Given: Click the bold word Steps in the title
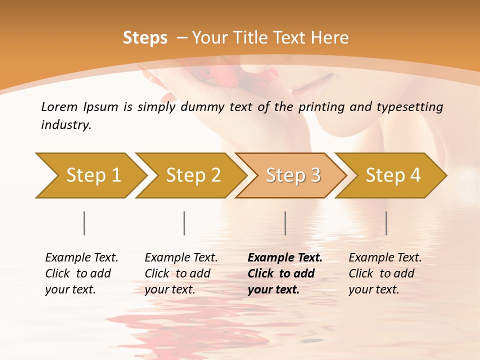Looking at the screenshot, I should coord(145,38).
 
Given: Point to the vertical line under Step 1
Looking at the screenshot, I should coord(84,223).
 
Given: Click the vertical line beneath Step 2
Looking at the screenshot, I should coord(184,223).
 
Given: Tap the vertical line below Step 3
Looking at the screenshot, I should coord(285,223).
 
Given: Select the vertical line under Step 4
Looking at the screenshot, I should coord(386,223).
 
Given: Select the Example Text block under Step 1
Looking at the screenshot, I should coord(81,273).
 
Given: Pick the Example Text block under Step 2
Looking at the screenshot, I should coord(181,273).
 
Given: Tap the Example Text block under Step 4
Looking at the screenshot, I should coord(385,273).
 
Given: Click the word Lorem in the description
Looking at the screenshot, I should coord(59,107).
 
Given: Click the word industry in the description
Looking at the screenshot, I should coord(65,125).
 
